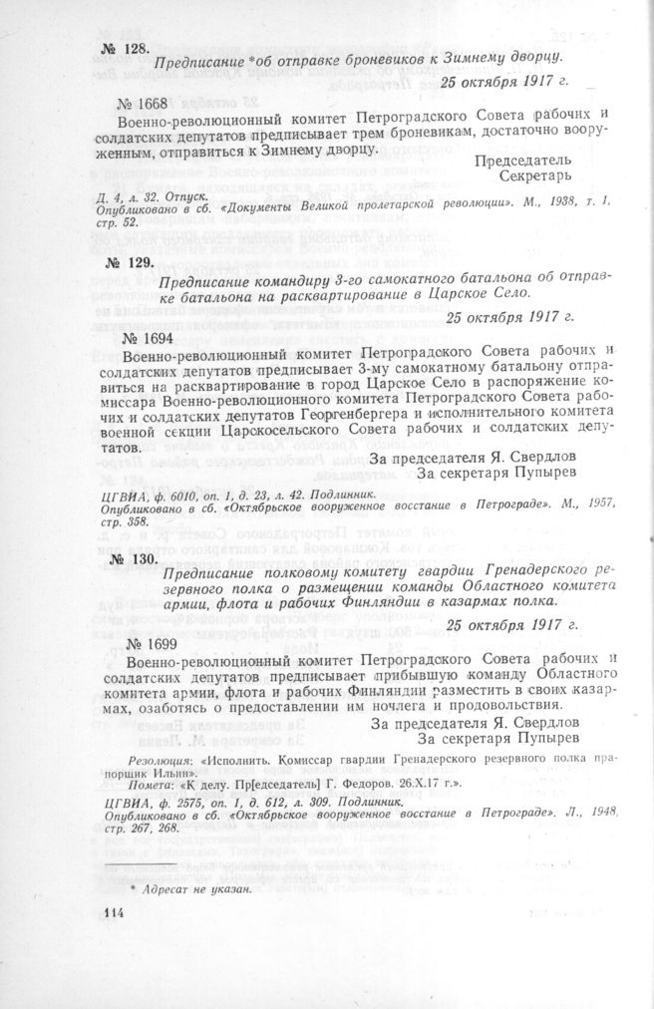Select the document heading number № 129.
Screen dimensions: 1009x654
126,263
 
